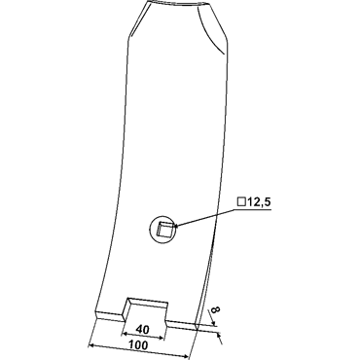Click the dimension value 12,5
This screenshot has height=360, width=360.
(x=259, y=202)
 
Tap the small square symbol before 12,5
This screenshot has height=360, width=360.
(x=241, y=201)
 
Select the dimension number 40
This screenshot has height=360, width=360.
(x=143, y=330)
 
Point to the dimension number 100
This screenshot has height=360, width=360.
(x=139, y=345)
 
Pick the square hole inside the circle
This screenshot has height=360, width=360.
(x=164, y=229)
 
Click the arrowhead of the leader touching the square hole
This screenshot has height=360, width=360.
(x=177, y=226)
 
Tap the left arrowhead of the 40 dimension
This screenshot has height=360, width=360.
(x=125, y=333)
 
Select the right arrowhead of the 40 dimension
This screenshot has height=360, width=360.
(x=162, y=339)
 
